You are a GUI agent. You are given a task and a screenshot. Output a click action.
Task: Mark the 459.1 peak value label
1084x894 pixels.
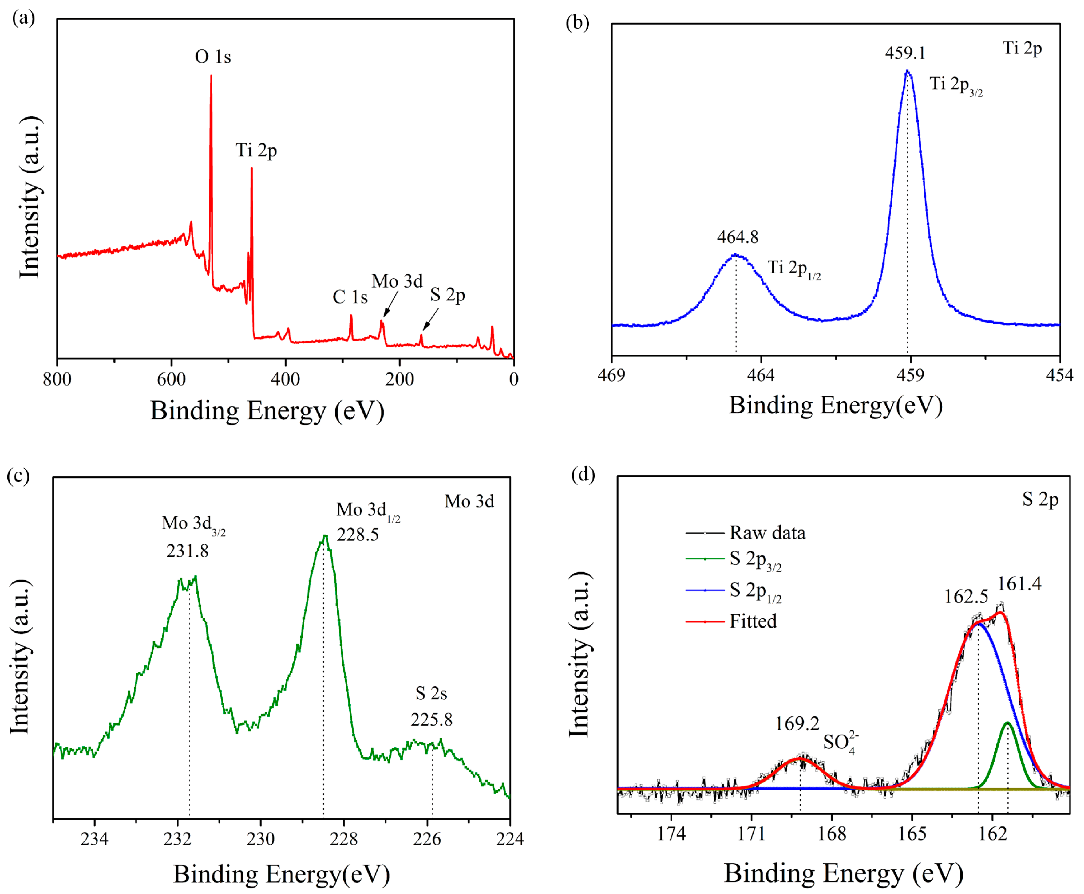[905, 53]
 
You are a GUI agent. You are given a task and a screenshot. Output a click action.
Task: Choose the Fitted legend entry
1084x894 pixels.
[752, 621]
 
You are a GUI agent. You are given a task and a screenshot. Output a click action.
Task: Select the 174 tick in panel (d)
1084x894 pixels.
[671, 833]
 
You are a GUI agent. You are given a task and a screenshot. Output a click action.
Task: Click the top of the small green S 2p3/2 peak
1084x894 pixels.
[1007, 723]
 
